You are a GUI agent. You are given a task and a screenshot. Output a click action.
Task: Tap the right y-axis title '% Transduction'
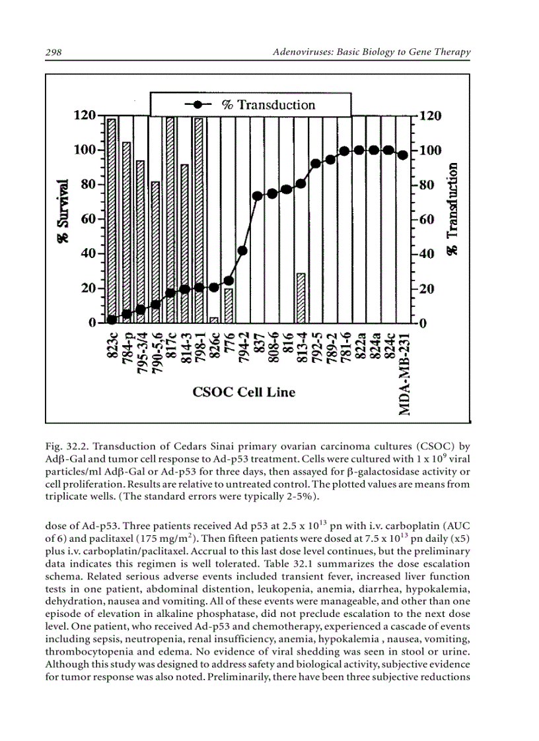tap(454, 210)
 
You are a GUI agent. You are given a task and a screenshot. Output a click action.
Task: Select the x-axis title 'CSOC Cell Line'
tap(244, 393)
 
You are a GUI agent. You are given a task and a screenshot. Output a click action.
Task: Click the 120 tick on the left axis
tap(84, 115)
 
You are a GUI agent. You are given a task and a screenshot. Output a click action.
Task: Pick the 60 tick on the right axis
tap(423, 219)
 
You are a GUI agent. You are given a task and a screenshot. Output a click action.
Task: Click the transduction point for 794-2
tap(243, 251)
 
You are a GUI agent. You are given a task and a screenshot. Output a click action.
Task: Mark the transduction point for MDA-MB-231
tap(403, 155)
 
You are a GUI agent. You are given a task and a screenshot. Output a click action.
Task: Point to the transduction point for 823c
tap(112, 319)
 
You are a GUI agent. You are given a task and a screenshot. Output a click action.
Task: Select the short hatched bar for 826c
tap(214, 320)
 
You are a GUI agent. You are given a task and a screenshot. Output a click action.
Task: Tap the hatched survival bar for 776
tap(229, 306)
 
